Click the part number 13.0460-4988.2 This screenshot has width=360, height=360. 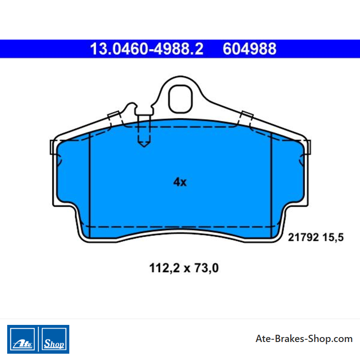(147, 49)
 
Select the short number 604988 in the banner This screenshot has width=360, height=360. (250, 49)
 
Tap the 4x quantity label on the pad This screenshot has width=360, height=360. (180, 182)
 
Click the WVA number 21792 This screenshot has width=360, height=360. (303, 237)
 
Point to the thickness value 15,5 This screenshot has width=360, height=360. (333, 238)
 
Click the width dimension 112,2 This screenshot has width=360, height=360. (164, 268)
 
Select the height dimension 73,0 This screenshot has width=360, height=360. (207, 268)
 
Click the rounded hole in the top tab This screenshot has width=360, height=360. (180, 99)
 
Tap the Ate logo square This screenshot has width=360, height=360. (22, 339)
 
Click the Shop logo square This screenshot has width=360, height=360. (54, 339)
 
